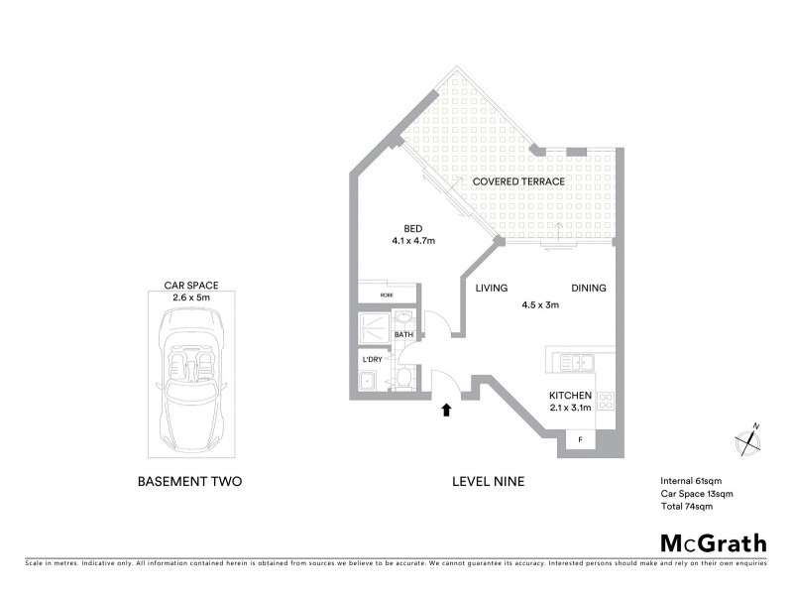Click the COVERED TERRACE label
pyautogui.click(x=518, y=181)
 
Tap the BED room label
pyautogui.click(x=413, y=226)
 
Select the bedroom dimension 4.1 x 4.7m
pyautogui.click(x=413, y=240)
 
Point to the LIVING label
pyautogui.click(x=491, y=289)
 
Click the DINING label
pyautogui.click(x=589, y=289)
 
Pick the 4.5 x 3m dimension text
pyautogui.click(x=540, y=305)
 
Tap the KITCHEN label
pyautogui.click(x=570, y=395)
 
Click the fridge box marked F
pyautogui.click(x=580, y=439)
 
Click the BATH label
pyautogui.click(x=403, y=335)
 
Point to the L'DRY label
pyautogui.click(x=372, y=358)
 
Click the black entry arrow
pyautogui.click(x=445, y=408)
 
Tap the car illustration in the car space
pyautogui.click(x=191, y=375)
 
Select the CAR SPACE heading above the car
pyautogui.click(x=191, y=285)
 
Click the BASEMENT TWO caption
pyautogui.click(x=188, y=482)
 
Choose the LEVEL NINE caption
pyautogui.click(x=488, y=482)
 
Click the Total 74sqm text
pyautogui.click(x=686, y=506)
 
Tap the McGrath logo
pyautogui.click(x=714, y=542)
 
